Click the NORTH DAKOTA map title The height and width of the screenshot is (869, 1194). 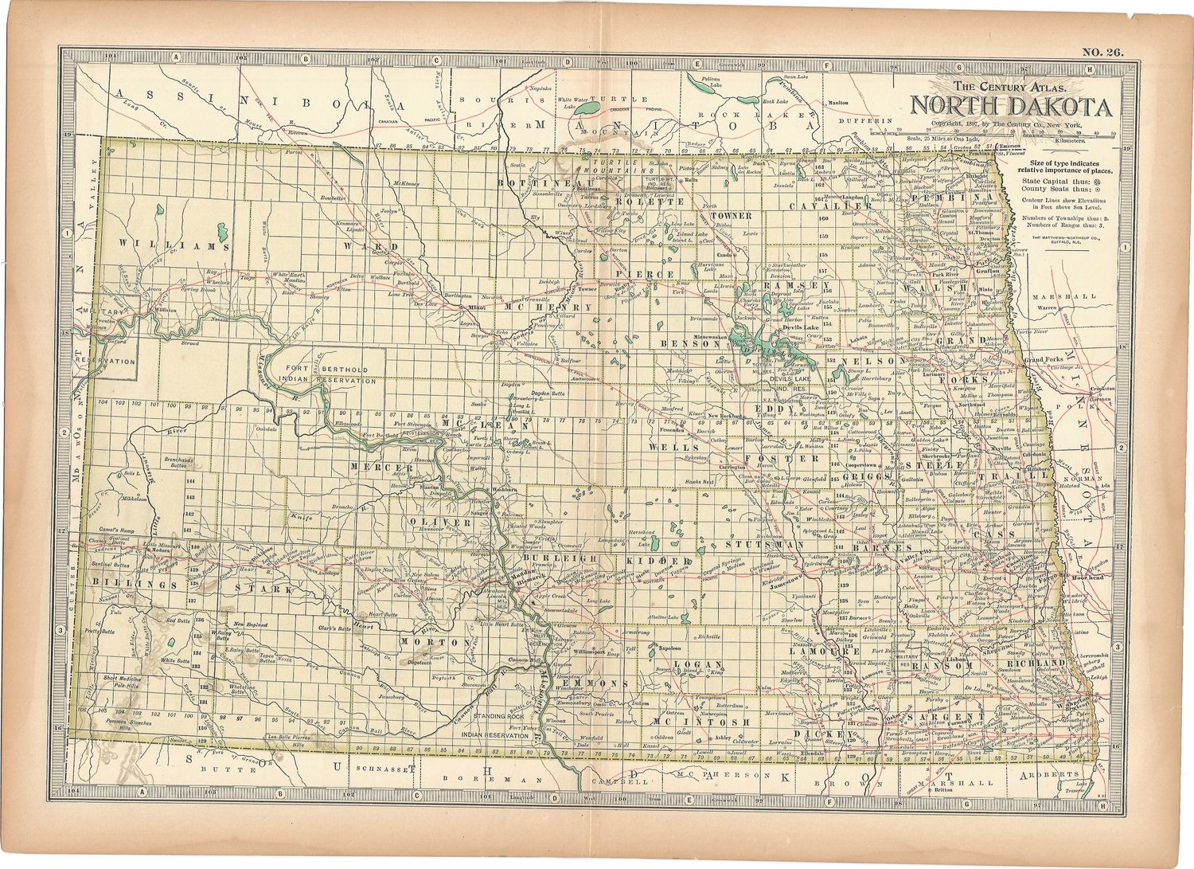coord(1011,107)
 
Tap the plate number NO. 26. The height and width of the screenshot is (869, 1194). coord(1102,53)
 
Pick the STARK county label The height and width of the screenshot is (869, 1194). coord(263,589)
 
